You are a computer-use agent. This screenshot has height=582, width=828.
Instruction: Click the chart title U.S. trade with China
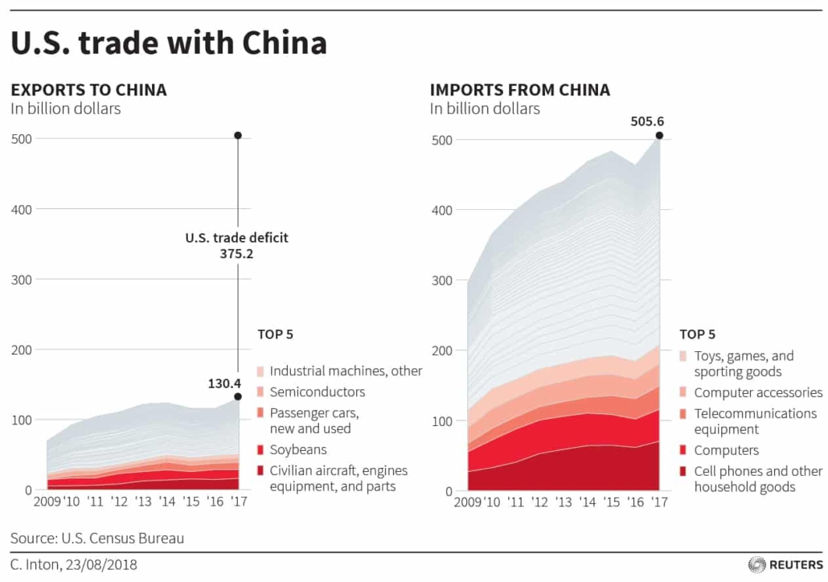pos(169,43)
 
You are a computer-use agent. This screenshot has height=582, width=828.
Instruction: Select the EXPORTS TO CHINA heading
pos(88,90)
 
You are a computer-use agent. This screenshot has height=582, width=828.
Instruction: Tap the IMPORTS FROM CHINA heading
pos(520,90)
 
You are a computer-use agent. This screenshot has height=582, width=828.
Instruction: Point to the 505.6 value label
pos(647,121)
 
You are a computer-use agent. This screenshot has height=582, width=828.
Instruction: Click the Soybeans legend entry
pos(298,450)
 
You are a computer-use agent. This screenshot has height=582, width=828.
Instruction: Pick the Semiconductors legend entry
pos(317,392)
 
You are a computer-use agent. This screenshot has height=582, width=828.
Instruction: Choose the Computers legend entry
pos(726,451)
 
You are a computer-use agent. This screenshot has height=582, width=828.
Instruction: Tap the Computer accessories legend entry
pos(758,393)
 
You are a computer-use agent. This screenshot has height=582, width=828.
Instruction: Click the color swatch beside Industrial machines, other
pos(260,372)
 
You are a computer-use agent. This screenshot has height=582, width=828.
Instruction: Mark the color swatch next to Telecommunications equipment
pos(683,414)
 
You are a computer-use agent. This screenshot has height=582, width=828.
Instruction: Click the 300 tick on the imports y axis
pos(441,280)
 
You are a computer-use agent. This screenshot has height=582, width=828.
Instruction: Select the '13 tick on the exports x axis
pos(143,502)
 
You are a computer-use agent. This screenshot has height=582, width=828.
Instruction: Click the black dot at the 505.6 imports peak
pos(659,136)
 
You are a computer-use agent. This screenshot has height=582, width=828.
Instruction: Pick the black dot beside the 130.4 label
pos(238,396)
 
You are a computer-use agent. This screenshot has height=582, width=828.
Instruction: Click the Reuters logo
pos(783,565)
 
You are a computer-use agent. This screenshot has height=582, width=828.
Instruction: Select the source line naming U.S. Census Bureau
pos(97,538)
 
